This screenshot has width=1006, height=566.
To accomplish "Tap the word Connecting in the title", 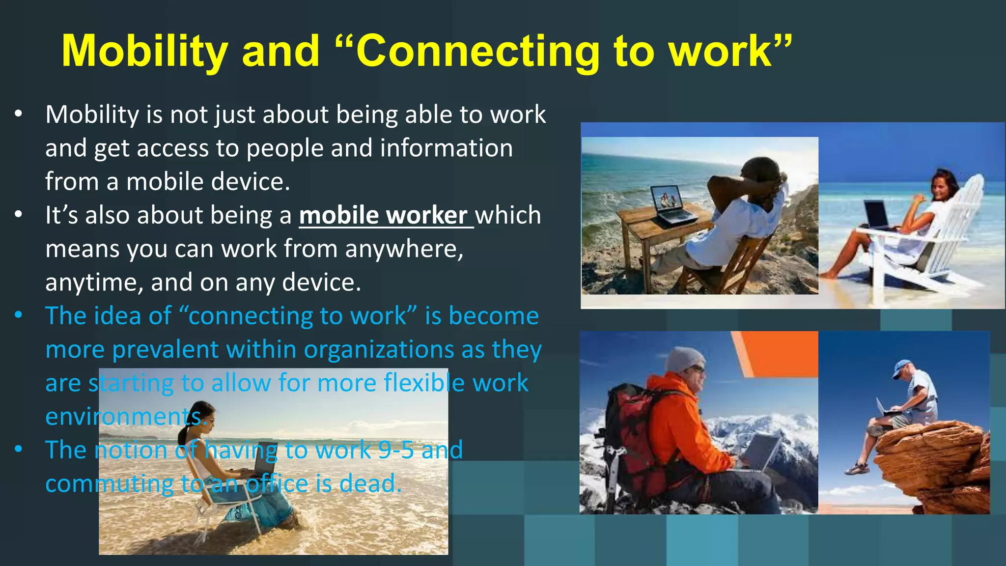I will click(x=477, y=52).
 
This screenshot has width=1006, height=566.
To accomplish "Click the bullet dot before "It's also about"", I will click(x=19, y=215).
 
